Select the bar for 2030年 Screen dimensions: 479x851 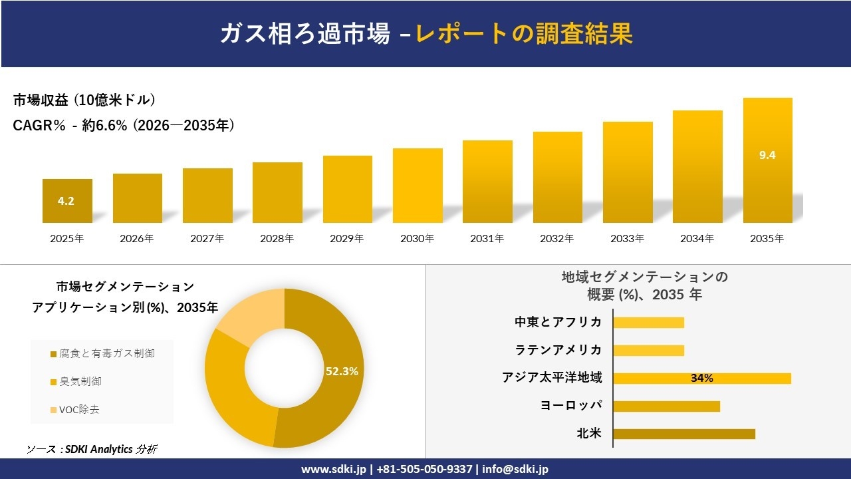click(418, 186)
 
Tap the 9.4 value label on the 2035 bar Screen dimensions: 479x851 click(767, 155)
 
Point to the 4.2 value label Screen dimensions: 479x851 click(66, 201)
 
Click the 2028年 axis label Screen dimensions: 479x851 click(277, 238)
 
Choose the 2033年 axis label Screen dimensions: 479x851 click(627, 238)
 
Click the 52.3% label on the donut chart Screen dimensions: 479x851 click(342, 371)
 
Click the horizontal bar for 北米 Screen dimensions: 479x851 click(683, 434)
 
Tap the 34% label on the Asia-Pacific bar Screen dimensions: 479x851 click(701, 378)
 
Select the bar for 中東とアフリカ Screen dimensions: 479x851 click(648, 323)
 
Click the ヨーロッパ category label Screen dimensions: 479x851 click(571, 406)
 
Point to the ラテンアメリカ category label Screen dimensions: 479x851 click(558, 350)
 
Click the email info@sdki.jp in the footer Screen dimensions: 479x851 click(515, 469)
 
